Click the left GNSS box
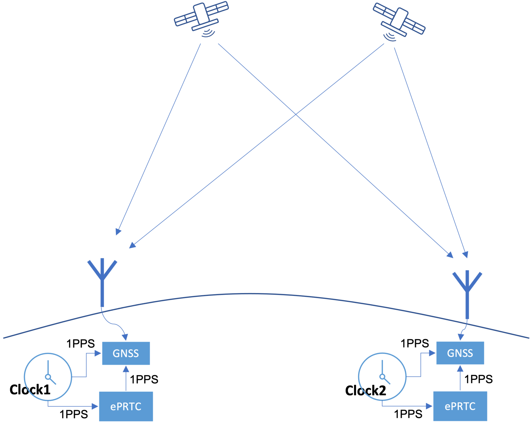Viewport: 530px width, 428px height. pos(126,353)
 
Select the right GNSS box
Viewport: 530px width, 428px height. pos(460,353)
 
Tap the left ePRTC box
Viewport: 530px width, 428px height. pos(126,406)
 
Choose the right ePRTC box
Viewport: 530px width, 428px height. pos(460,406)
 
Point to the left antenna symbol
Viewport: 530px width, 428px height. pos(102,280)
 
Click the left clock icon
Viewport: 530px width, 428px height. pos(48,377)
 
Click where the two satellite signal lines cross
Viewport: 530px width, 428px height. pos(296,114)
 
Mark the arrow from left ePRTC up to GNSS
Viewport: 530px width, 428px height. pos(126,378)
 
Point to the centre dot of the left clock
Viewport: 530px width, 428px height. pos(48,377)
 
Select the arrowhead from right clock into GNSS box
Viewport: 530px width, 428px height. pos(432,353)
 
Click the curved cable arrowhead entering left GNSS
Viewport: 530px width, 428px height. pos(126,337)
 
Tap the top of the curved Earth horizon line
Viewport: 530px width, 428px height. pos(248,294)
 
